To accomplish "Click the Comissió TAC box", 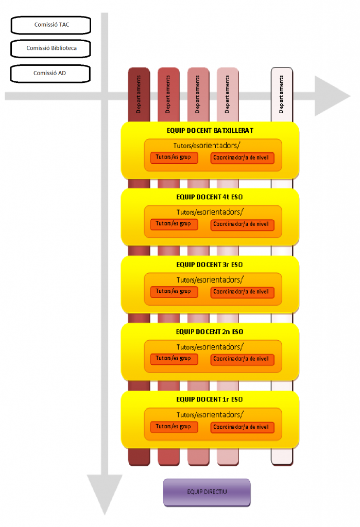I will pos(51,24).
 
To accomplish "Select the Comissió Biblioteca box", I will pos(51,48).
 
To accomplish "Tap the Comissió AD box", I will pos(50,73).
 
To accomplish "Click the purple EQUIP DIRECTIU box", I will pos(207,492).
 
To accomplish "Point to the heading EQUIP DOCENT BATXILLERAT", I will pos(210,131).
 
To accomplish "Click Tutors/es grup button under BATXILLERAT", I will pos(174,157).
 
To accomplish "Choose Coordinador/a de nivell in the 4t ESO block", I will pos(242,225).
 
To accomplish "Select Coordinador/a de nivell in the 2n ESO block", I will pos(242,360).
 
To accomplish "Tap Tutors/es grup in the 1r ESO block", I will pos(174,427).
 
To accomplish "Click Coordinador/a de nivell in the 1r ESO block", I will pos(242,427).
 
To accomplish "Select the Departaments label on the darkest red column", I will pos(139,94).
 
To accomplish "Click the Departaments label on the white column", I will pos(281,94).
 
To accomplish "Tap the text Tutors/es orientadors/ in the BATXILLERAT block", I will pos(210,145).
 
